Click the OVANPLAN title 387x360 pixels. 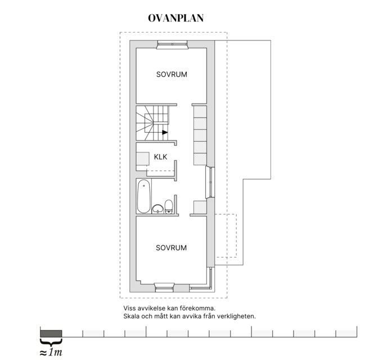tap(175, 18)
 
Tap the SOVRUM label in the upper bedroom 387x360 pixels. tap(172, 74)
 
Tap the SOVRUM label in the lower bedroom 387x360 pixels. tap(172, 247)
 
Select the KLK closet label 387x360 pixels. tap(161, 157)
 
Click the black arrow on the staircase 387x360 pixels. tap(165, 133)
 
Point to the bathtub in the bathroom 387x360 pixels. tap(143, 196)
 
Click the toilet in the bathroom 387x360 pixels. tap(169, 207)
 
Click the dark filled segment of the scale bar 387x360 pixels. tap(51, 333)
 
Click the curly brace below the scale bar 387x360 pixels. tap(51, 342)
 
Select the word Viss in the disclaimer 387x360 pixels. tap(130, 309)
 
